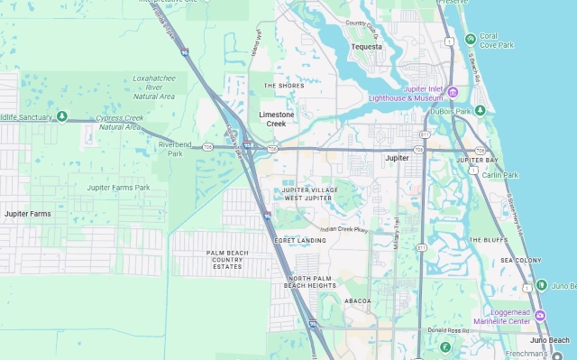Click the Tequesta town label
pos(367,47)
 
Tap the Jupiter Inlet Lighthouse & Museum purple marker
pos(453,92)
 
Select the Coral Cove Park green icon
pos(471,39)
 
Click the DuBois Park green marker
pos(481,110)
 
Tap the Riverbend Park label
pos(176,148)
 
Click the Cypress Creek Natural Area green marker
pos(61,115)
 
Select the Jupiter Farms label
pos(28,214)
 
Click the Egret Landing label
pos(302,240)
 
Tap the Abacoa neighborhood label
pos(358,300)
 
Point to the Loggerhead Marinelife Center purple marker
pos(540,315)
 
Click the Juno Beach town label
pos(550,339)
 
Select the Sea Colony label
pos(520,260)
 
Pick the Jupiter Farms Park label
pos(118,188)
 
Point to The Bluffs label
pos(488,240)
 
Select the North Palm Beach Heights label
pos(310,281)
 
